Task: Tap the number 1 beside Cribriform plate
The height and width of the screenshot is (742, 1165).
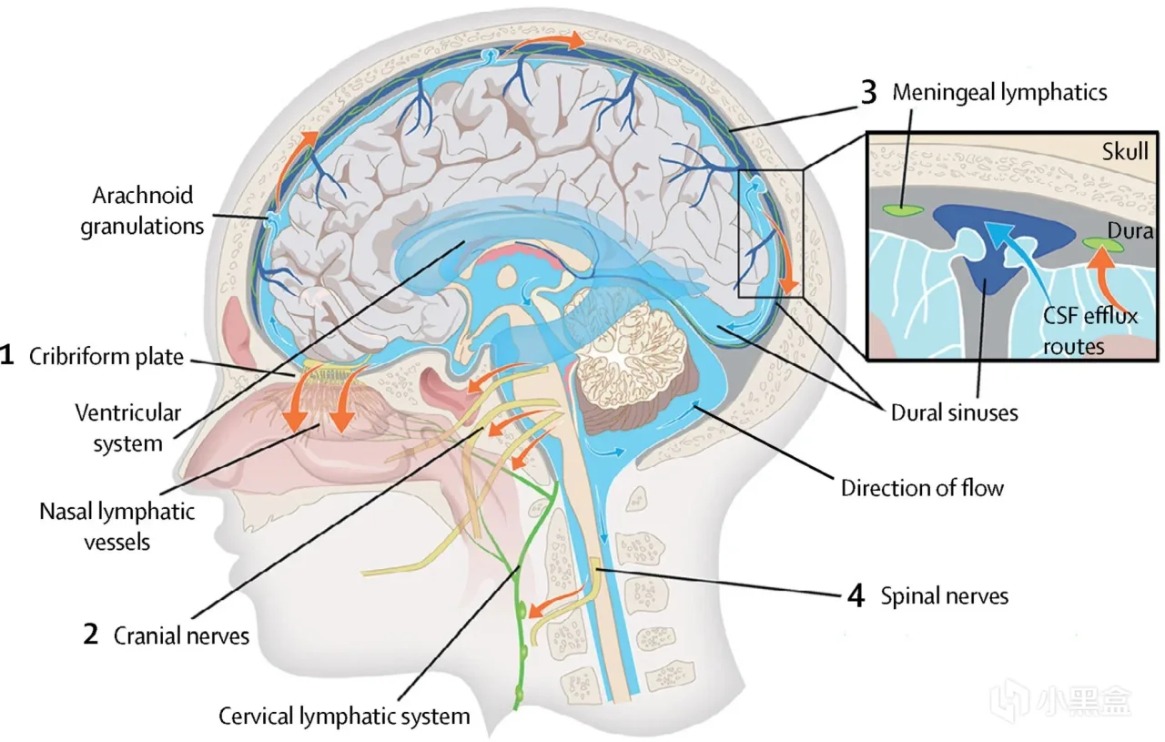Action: (7, 356)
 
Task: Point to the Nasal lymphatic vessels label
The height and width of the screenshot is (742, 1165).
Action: (116, 526)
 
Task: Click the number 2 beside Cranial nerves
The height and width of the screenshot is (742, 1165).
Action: (90, 635)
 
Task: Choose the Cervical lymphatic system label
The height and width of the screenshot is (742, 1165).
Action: (344, 716)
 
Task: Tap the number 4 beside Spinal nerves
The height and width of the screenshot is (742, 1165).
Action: (856, 596)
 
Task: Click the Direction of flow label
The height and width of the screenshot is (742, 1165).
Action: (922, 488)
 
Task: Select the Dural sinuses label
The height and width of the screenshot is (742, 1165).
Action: (953, 412)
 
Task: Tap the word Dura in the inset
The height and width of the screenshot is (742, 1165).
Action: (1131, 231)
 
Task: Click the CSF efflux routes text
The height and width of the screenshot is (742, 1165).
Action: (1088, 331)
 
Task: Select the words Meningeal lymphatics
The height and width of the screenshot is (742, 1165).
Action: (999, 92)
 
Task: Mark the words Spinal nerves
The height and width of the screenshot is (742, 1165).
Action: (944, 596)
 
